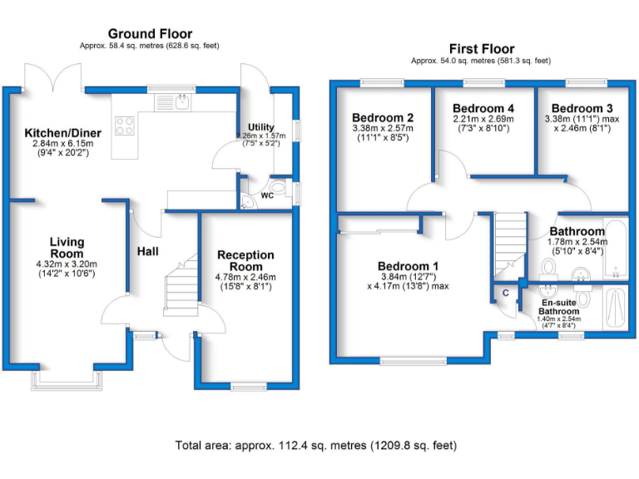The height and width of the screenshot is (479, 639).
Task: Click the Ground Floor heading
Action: coord(150,33)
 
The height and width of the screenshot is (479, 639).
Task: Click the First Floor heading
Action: coord(482,49)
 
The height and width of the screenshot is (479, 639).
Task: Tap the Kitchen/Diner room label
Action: coord(62,133)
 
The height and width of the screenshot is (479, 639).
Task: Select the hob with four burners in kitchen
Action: coord(126,126)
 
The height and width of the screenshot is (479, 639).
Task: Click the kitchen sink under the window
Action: coord(181,102)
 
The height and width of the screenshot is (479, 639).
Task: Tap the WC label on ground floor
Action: coord(267,196)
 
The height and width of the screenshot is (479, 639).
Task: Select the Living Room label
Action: coord(66,248)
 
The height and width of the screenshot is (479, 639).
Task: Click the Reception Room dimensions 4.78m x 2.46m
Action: coord(245,277)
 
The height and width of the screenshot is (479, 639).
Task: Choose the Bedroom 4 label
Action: coord(483,109)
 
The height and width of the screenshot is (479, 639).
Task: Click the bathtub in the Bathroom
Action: coord(614,248)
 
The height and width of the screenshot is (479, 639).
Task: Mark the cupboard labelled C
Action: coord(503,294)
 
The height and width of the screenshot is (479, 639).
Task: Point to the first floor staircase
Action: coord(509,241)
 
